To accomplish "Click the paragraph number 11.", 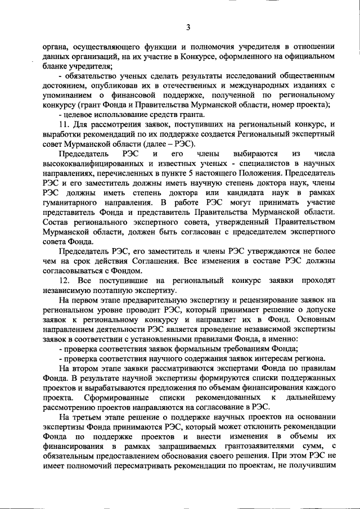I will point(64,124).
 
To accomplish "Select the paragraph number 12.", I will point(64,280).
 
